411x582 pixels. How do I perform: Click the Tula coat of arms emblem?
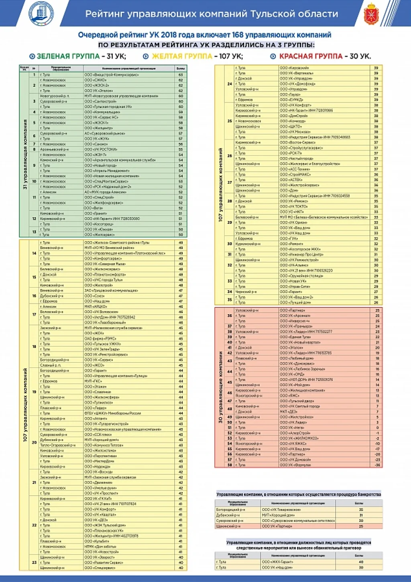pyautogui.click(x=371, y=14)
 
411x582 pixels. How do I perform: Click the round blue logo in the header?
pyautogui.click(x=41, y=13)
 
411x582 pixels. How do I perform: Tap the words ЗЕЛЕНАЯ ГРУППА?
pyautogui.click(x=68, y=56)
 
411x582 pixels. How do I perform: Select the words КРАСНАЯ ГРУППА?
pyautogui.click(x=311, y=56)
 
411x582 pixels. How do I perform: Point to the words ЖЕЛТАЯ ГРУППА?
pyautogui.click(x=182, y=56)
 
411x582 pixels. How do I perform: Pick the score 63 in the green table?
pyautogui.click(x=181, y=75)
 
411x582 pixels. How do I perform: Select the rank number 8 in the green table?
pyautogui.click(x=34, y=149)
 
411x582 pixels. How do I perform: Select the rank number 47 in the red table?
pyautogui.click(x=230, y=401)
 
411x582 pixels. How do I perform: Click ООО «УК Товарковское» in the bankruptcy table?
pyautogui.click(x=281, y=510)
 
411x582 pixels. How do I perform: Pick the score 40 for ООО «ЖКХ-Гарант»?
pyautogui.click(x=361, y=562)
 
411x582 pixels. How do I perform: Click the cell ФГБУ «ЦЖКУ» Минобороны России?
pyautogui.click(x=113, y=413)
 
